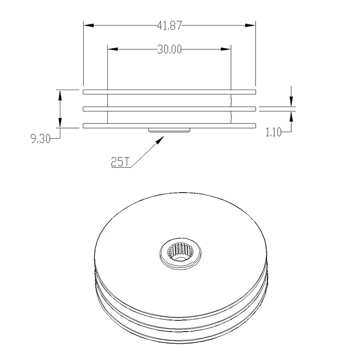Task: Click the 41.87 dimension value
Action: coord(169,26)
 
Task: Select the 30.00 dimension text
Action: coord(170,49)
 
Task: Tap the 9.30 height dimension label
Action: coord(40,139)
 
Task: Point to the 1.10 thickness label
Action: coord(274,132)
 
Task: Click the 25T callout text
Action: coord(120,162)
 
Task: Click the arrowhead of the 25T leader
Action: coord(160,140)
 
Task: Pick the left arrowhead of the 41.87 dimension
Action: coord(89,25)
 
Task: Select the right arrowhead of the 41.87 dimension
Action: coord(250,25)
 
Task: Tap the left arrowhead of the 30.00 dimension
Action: coord(113,49)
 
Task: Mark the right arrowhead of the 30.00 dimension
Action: coord(226,49)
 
